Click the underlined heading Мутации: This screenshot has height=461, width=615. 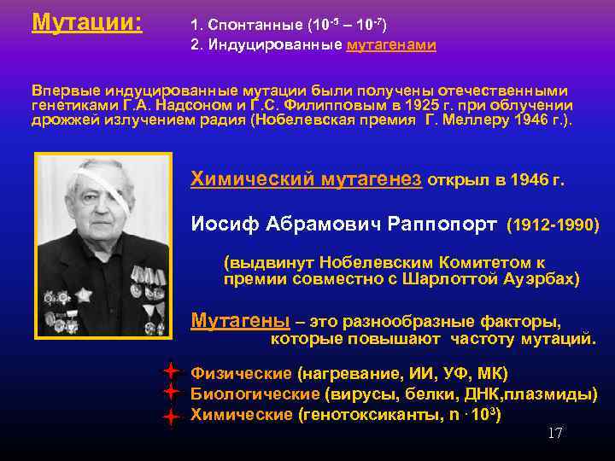86,21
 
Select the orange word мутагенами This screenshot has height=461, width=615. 391,45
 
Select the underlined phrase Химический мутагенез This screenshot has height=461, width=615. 306,178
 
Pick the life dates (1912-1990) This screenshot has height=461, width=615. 553,225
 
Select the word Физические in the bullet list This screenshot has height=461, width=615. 241,373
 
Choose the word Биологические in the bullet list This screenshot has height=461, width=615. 255,394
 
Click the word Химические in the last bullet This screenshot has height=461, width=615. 240,415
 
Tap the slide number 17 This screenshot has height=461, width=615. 554,434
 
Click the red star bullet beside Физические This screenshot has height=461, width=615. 171,371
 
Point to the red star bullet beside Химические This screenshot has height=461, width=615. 171,417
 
